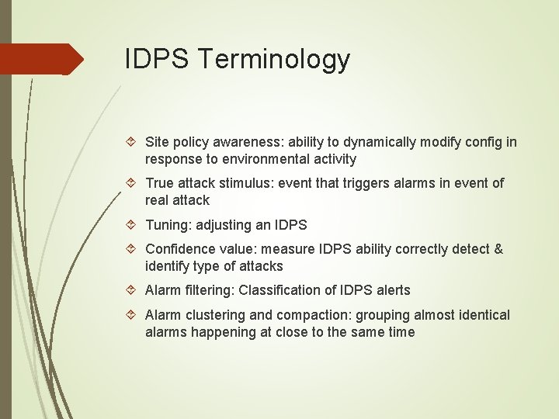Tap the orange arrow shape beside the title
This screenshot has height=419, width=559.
click(x=43, y=59)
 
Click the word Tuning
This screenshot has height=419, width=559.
click(x=167, y=225)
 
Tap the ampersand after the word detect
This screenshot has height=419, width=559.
click(x=498, y=249)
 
